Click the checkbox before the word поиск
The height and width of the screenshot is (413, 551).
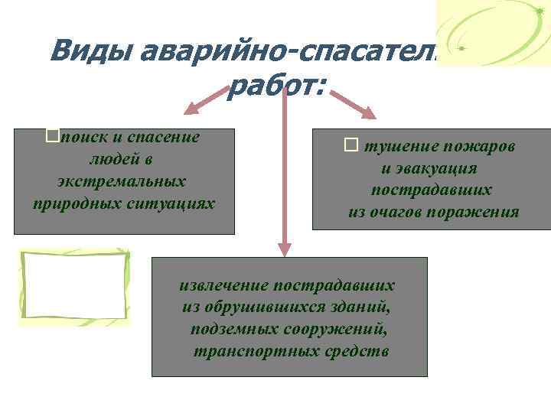52,136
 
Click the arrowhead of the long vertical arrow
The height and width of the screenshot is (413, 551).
285,249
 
